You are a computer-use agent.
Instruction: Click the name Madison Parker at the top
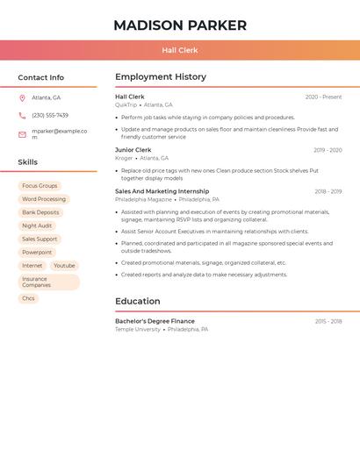pyautogui.click(x=180, y=25)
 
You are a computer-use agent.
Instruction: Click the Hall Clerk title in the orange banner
pyautogui.click(x=180, y=51)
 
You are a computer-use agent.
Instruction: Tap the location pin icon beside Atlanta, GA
pyautogui.click(x=22, y=98)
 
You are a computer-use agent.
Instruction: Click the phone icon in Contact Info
pyautogui.click(x=22, y=115)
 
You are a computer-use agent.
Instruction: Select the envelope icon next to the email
pyautogui.click(x=22, y=134)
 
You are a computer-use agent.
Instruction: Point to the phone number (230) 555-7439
pyautogui.click(x=50, y=115)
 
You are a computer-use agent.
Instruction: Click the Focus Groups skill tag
pyautogui.click(x=40, y=186)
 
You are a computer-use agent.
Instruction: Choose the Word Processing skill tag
pyautogui.click(x=44, y=199)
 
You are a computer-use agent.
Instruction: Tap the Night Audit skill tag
pyautogui.click(x=37, y=225)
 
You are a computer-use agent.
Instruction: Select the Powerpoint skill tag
pyautogui.click(x=37, y=252)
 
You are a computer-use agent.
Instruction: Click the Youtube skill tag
pyautogui.click(x=64, y=265)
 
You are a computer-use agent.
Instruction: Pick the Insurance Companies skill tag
pyautogui.click(x=48, y=282)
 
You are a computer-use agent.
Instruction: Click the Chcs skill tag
pyautogui.click(x=29, y=298)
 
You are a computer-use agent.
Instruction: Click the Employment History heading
pyautogui.click(x=161, y=77)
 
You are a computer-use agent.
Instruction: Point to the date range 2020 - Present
pyautogui.click(x=323, y=97)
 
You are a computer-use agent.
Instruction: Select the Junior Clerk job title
pyautogui.click(x=133, y=150)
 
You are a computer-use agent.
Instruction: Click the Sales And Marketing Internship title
pyautogui.click(x=162, y=191)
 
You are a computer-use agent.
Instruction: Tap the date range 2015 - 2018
pyautogui.click(x=328, y=321)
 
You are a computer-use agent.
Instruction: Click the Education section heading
pyautogui.click(x=137, y=301)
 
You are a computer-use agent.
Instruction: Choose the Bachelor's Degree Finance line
pyautogui.click(x=155, y=321)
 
